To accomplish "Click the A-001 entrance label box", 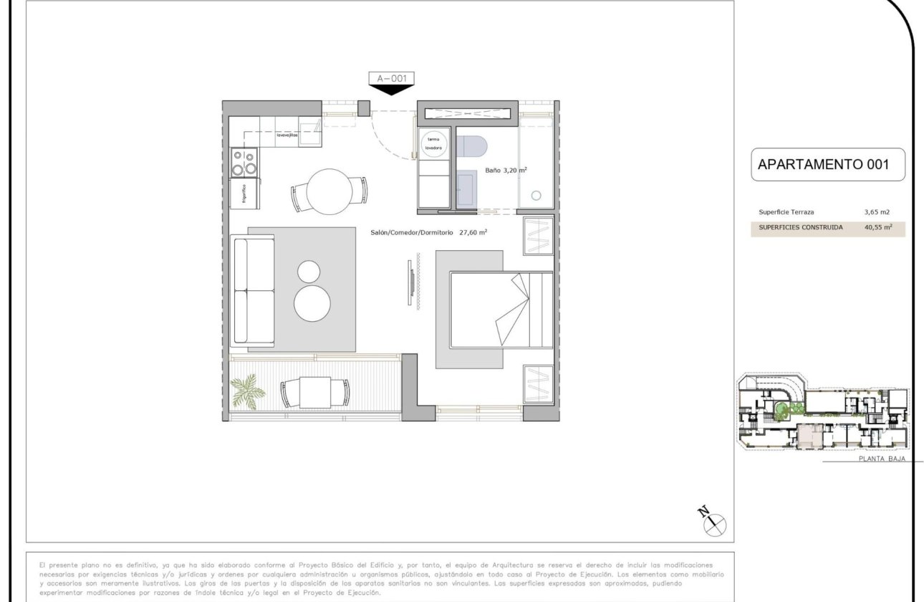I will tap(391, 78).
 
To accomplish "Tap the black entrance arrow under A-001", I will tap(391, 90).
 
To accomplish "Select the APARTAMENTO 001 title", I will tap(823, 164).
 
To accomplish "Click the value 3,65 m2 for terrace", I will tap(877, 212).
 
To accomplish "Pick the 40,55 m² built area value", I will tap(878, 228).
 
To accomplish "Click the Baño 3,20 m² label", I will tap(506, 171).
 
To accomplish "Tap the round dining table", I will tap(329, 191).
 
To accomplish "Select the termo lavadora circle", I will tap(434, 143).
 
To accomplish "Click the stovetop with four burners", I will tap(244, 163).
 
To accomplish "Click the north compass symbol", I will tap(713, 524).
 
